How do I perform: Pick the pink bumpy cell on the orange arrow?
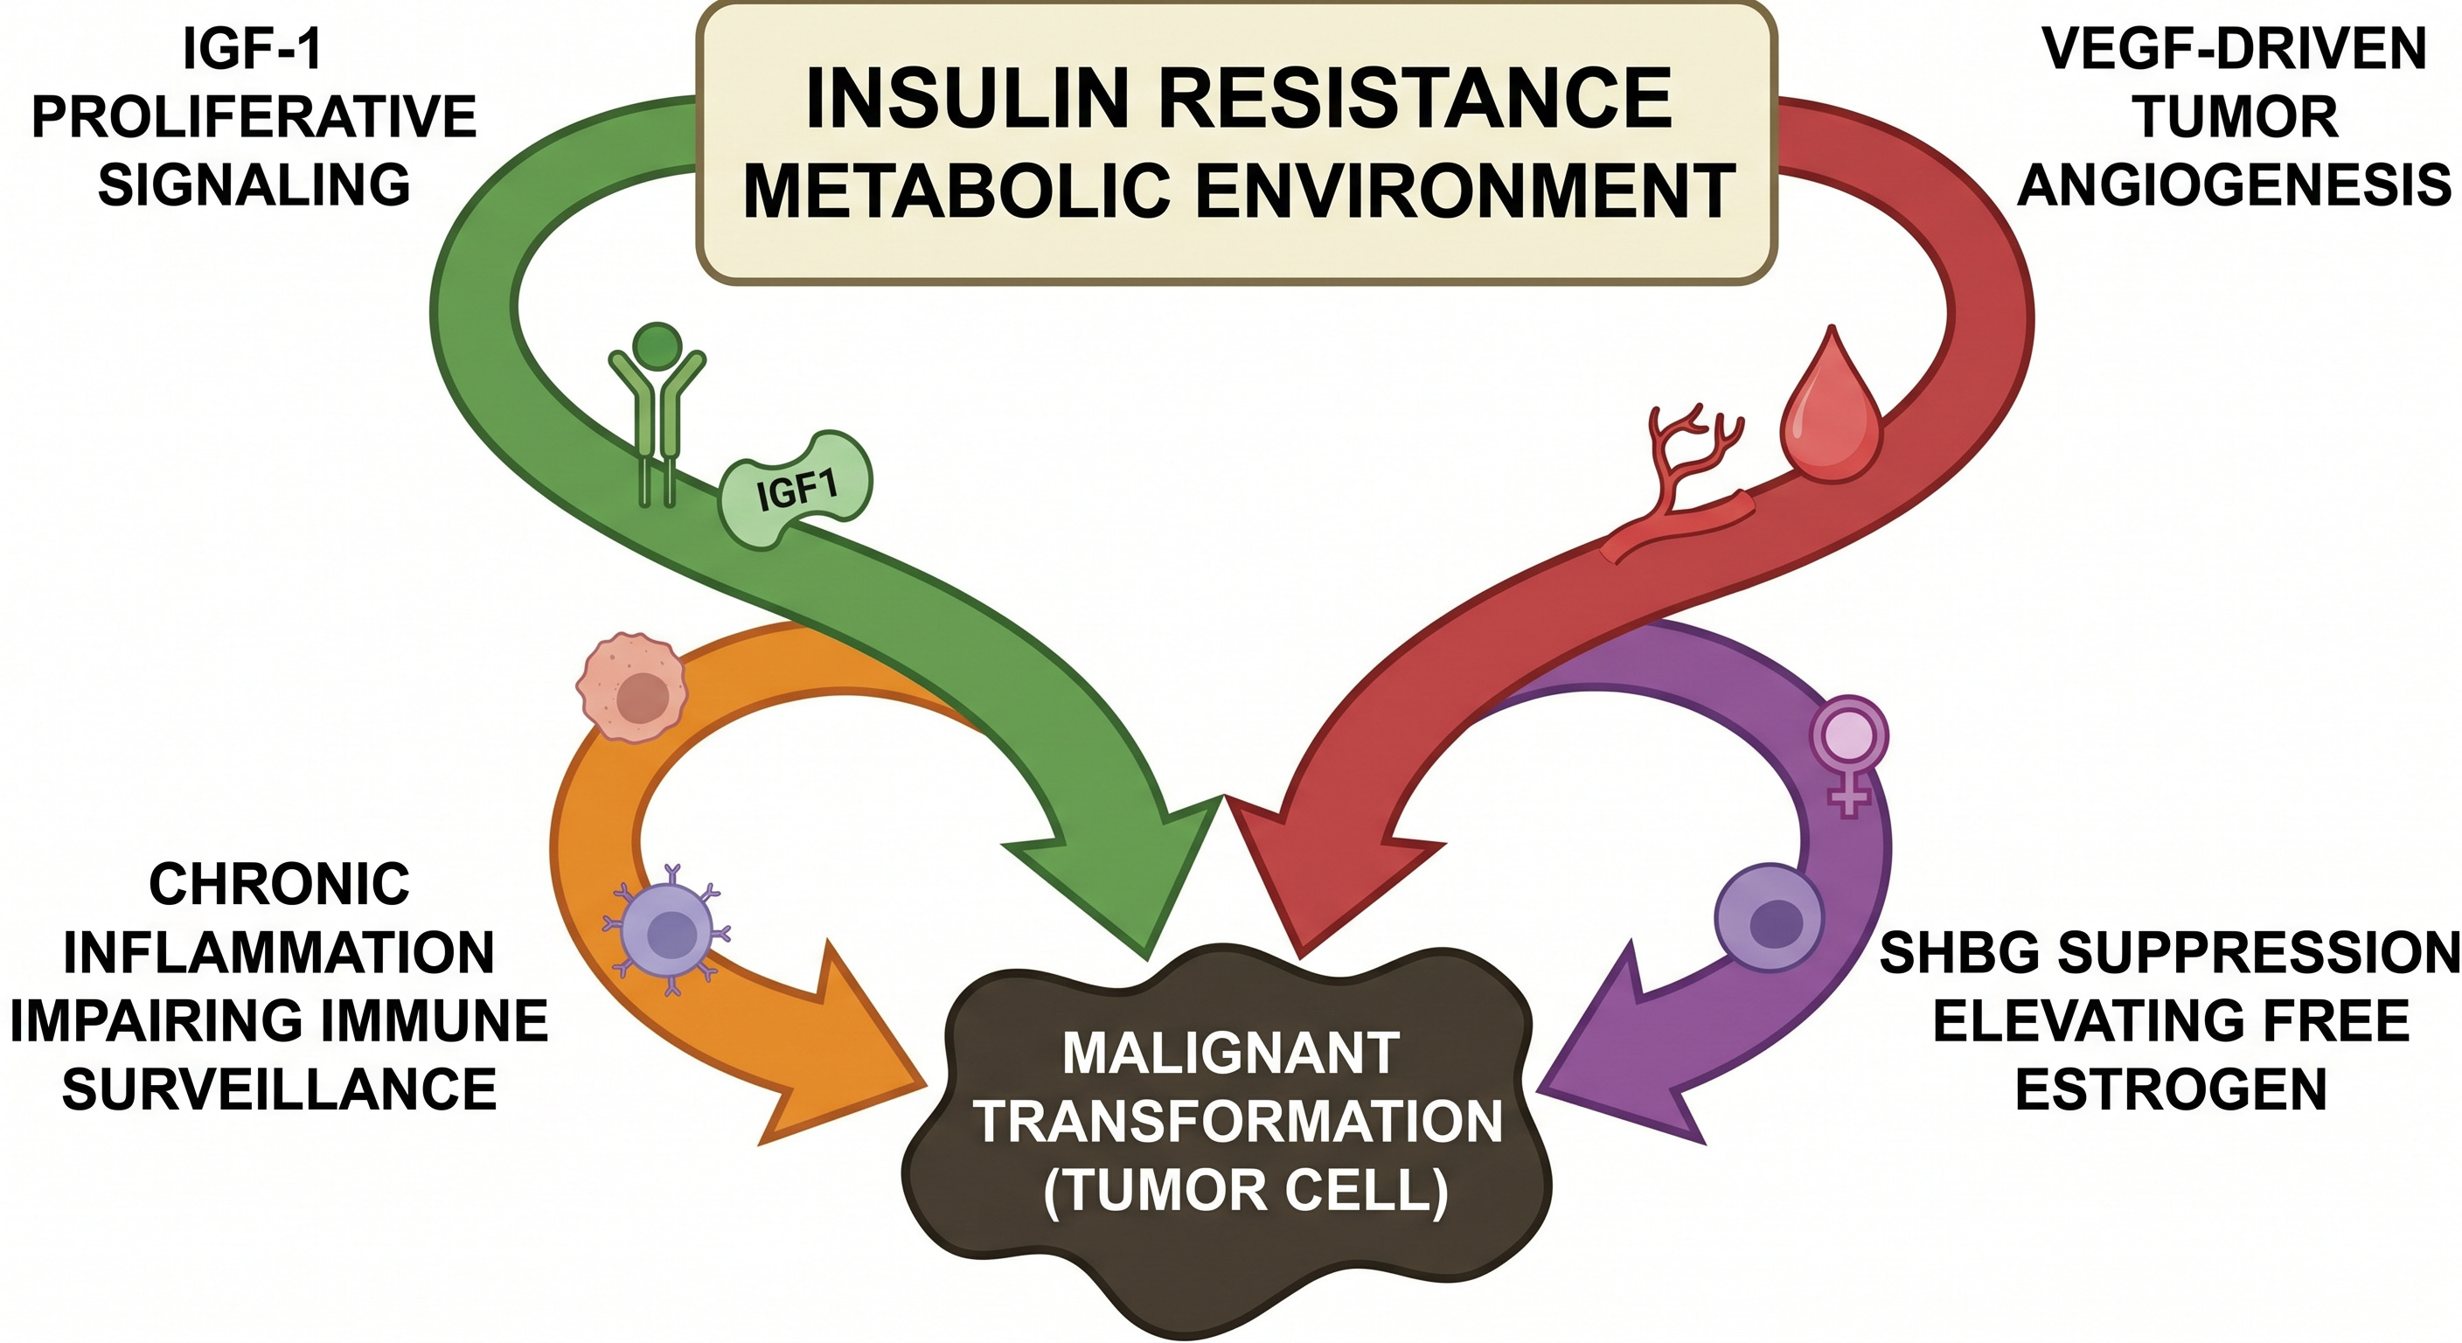(632, 686)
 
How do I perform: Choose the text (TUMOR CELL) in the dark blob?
(1245, 1191)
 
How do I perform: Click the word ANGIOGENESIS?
(2235, 184)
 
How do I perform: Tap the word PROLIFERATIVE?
(254, 116)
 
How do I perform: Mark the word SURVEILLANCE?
(279, 1089)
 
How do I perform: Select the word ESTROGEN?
(2171, 1089)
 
